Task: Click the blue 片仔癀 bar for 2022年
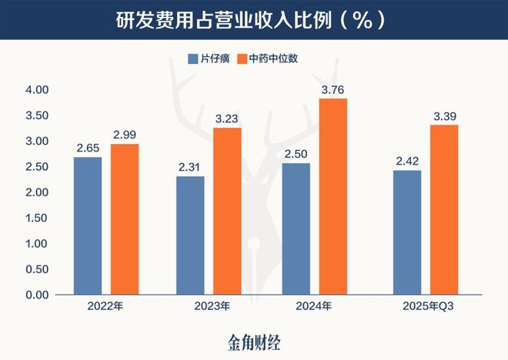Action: click(88, 226)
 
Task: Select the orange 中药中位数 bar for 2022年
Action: click(125, 219)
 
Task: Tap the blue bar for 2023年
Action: click(191, 235)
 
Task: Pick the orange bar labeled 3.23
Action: click(227, 212)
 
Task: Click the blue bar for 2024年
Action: click(296, 229)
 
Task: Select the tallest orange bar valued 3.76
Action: click(333, 197)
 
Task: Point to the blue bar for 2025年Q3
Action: click(406, 232)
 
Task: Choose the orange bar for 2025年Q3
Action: click(443, 210)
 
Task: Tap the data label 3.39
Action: click(443, 115)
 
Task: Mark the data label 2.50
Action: click(296, 153)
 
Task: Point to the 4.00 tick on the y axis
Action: click(37, 90)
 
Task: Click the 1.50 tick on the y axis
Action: click(37, 218)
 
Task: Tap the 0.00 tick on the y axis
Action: click(37, 295)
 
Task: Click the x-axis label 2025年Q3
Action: click(425, 307)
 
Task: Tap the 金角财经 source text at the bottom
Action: click(253, 341)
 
